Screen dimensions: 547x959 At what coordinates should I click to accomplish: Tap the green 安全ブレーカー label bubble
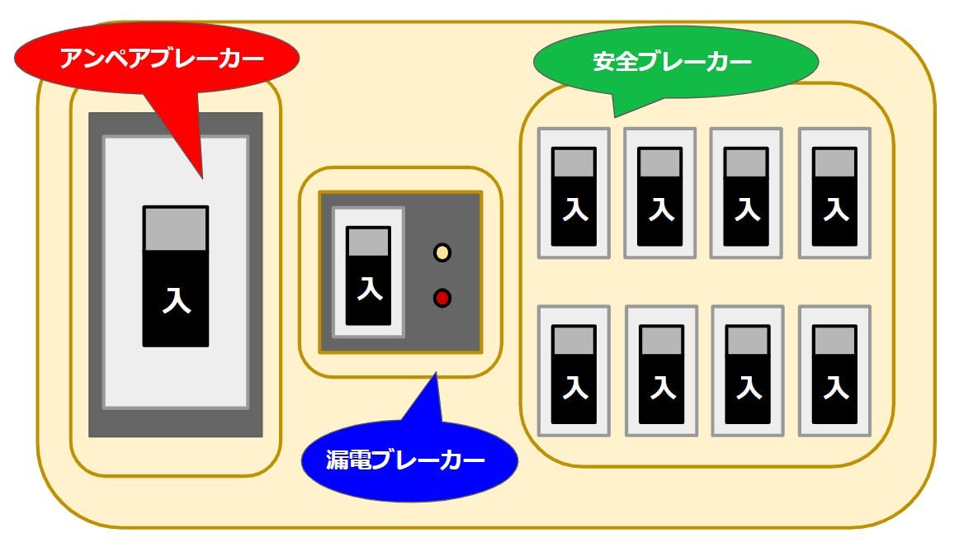(x=675, y=62)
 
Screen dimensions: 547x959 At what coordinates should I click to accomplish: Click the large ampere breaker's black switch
(x=175, y=276)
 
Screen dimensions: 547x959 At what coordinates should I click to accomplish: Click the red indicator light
(x=442, y=298)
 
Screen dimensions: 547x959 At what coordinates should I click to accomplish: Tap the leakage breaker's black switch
(x=368, y=276)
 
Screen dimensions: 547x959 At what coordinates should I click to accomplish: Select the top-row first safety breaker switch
(x=574, y=196)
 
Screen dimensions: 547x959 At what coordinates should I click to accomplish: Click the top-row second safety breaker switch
(x=660, y=196)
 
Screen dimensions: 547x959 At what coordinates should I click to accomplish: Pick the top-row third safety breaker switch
(x=747, y=196)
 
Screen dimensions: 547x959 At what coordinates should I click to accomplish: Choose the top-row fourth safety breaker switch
(x=834, y=196)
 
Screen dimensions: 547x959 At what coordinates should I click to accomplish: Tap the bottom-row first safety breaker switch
(x=574, y=375)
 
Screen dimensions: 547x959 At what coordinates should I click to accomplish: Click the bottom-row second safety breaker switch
(x=661, y=375)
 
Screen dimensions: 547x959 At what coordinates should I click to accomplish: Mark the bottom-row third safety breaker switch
(x=748, y=375)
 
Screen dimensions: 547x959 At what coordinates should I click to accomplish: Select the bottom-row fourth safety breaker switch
(x=834, y=375)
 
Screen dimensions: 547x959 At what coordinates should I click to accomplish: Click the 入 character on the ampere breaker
(x=176, y=300)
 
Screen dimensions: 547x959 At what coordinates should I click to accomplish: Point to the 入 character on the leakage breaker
(x=369, y=289)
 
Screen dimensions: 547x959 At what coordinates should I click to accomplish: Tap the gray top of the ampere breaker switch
(x=175, y=229)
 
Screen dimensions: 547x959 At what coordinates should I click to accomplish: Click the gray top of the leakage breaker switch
(x=368, y=242)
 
